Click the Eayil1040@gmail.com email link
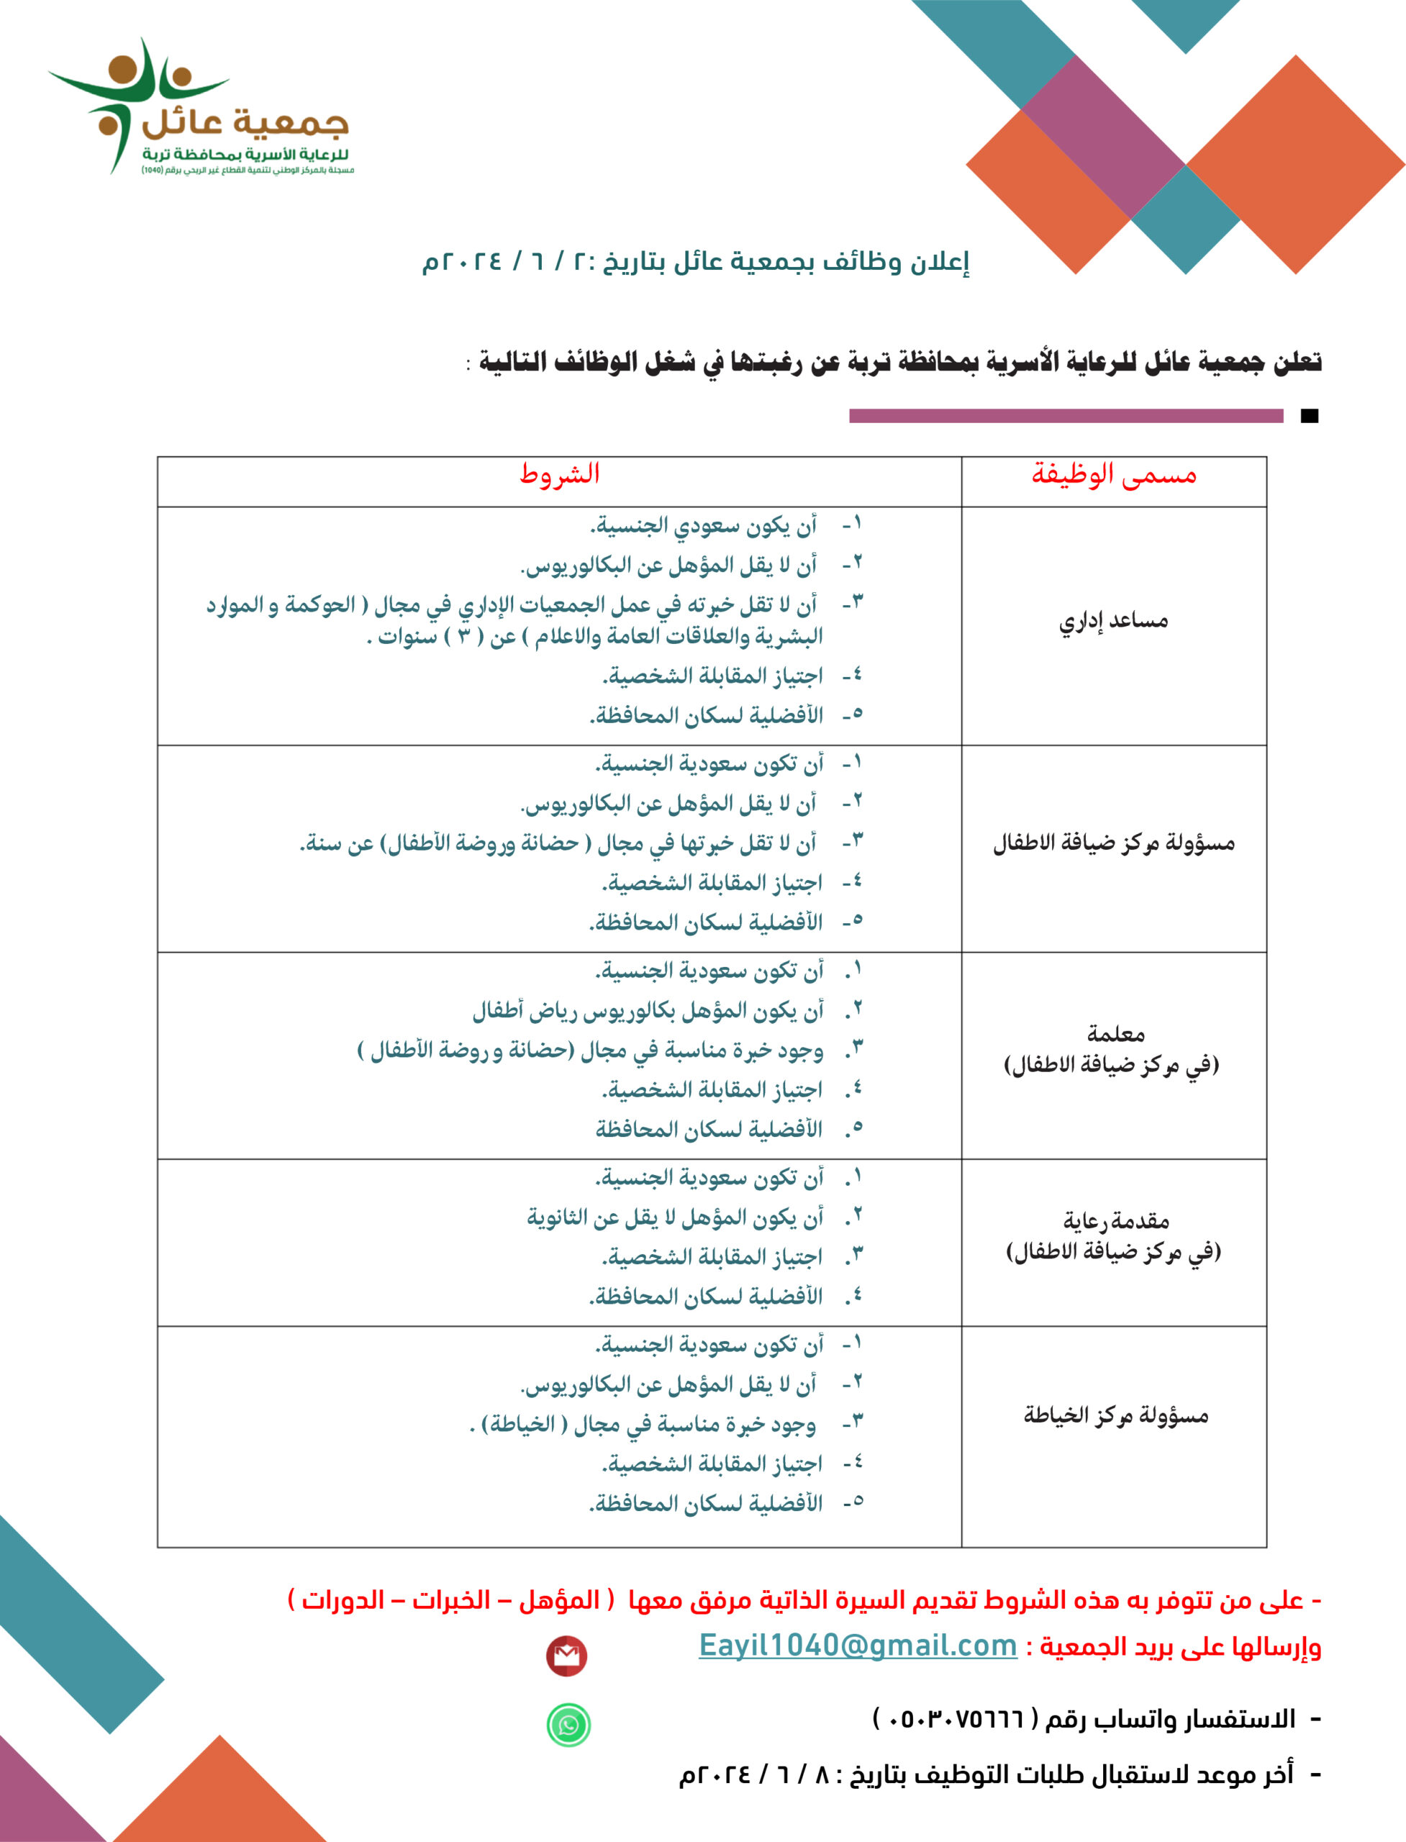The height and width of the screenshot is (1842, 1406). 857,1645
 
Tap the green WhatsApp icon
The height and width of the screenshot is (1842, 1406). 568,1725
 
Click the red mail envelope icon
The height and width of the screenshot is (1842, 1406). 566,1656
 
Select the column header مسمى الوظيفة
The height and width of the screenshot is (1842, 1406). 1113,474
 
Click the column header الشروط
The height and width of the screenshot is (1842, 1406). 559,474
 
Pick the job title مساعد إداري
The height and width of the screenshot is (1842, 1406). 1113,621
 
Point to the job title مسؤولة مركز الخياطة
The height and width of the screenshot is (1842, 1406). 1115,1415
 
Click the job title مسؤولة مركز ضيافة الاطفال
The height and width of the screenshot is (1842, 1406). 1114,843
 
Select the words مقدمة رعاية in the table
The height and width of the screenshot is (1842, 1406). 1115,1221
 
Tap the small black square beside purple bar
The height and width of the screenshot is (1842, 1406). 1310,416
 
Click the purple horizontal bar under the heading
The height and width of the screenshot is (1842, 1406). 1066,416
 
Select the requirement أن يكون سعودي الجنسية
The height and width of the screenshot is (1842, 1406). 703,525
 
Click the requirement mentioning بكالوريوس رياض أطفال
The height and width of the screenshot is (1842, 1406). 648,1011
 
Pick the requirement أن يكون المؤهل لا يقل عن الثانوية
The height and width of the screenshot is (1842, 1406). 674,1217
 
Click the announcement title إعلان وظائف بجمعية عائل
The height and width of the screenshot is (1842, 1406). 694,262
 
